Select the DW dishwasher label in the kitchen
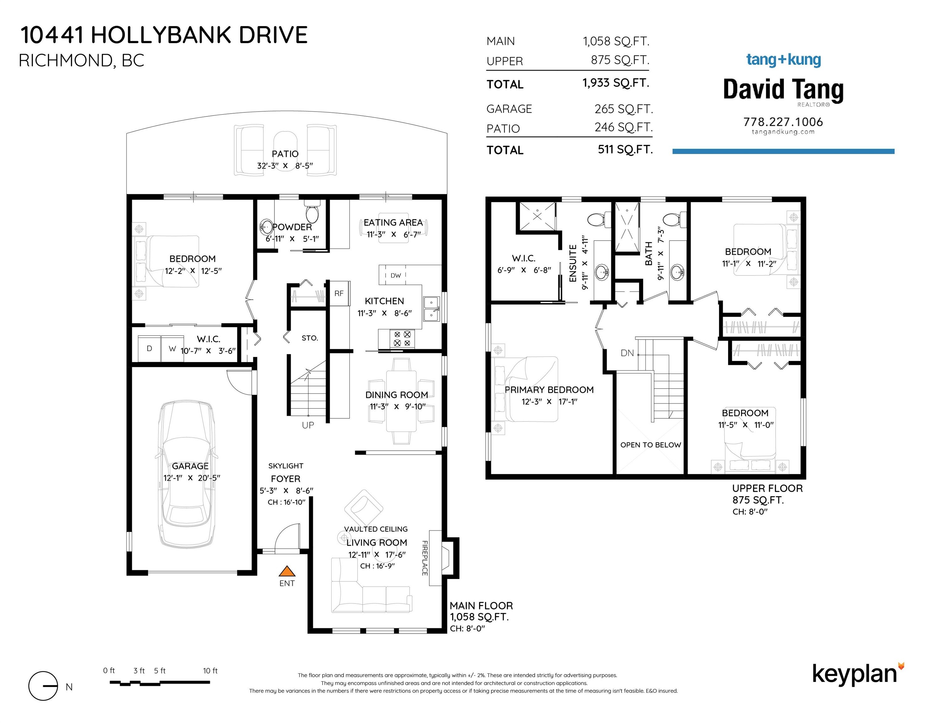pos(396,276)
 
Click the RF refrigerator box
pos(339,293)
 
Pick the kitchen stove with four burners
pos(402,339)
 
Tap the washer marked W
pos(172,349)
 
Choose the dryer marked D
pos(149,349)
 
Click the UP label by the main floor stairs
pos(308,425)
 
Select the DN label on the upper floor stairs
pos(627,353)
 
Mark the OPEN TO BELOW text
pos(651,445)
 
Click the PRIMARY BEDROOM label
pos(549,390)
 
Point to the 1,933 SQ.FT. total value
pos(616,83)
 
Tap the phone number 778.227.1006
pos(783,122)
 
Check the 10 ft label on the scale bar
pos(210,671)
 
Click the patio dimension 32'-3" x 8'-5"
pos(285,165)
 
